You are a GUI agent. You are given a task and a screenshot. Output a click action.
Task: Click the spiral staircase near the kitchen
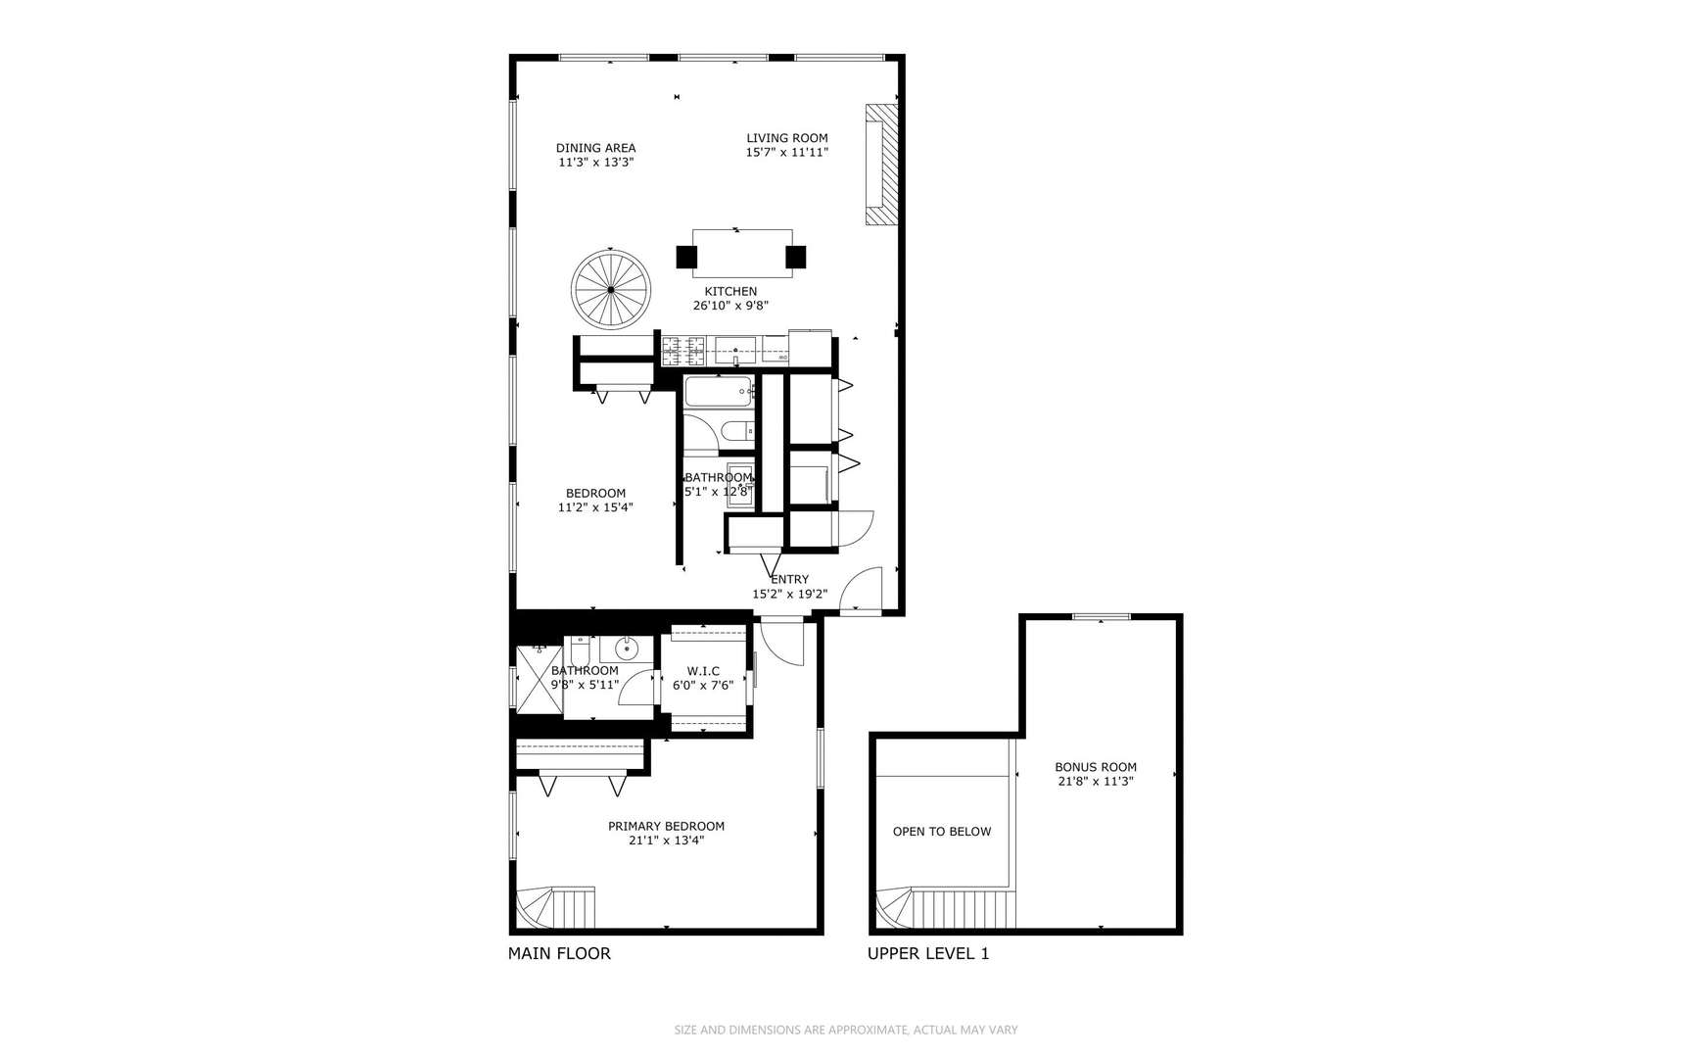coord(611,290)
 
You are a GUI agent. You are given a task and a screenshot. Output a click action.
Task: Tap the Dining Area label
coord(595,148)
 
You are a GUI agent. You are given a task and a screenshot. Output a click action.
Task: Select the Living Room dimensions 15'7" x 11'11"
coord(786,153)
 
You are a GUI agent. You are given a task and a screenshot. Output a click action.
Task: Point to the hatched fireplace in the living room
coord(881,165)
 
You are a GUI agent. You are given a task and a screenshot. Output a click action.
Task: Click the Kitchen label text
coord(730,291)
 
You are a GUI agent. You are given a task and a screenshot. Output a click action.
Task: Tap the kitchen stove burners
coord(683,350)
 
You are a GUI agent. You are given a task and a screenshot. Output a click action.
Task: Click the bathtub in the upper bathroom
coord(718,392)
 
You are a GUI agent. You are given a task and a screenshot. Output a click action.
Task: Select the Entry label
coord(789,579)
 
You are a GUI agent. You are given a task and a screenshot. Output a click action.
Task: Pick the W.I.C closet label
coord(703,671)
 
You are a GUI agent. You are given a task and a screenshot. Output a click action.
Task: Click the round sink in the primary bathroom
coord(627,648)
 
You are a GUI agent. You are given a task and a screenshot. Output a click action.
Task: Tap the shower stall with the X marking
coord(539,679)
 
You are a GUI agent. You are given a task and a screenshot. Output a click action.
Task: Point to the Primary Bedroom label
coord(666,826)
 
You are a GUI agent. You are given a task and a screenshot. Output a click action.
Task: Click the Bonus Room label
coord(1095,767)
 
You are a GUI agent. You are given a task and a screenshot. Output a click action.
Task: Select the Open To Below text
coord(941,832)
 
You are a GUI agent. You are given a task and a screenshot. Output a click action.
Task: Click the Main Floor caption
coord(559,953)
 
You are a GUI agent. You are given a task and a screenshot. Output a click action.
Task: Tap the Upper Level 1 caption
coord(928,953)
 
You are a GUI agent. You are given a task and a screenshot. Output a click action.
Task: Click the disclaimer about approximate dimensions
coord(846,1030)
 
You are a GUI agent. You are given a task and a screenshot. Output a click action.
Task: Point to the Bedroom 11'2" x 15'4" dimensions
coord(595,507)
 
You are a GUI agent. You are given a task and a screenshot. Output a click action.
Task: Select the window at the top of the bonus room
coord(1101,616)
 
